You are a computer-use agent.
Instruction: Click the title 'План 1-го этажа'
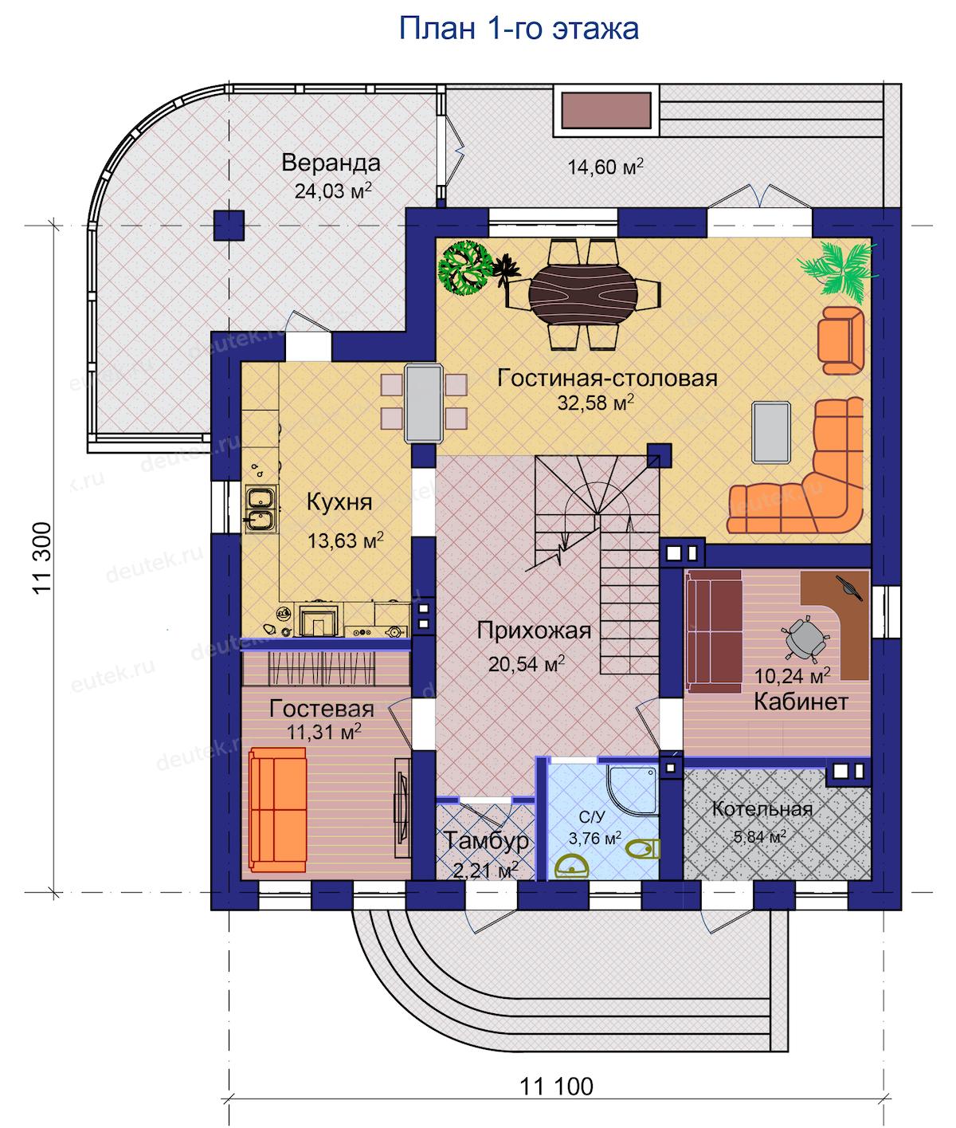coord(519,29)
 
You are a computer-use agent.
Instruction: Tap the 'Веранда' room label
coord(331,163)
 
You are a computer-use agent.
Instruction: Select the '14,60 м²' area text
coord(605,166)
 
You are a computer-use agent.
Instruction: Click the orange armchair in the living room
coord(840,340)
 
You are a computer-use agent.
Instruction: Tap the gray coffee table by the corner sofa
coord(771,432)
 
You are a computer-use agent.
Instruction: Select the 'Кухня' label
coord(339,501)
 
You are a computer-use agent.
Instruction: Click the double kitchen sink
coord(261,509)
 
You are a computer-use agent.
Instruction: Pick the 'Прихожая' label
coord(534,631)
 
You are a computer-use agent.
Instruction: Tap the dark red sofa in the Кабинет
coord(714,631)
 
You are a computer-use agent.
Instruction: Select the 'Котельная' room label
coord(762,808)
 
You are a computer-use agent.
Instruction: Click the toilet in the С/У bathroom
coord(643,848)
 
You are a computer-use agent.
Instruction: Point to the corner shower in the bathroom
coord(633,791)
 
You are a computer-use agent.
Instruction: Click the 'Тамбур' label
coord(486,840)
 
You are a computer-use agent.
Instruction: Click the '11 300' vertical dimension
coord(42,558)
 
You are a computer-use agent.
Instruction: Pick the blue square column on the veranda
coord(229,226)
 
